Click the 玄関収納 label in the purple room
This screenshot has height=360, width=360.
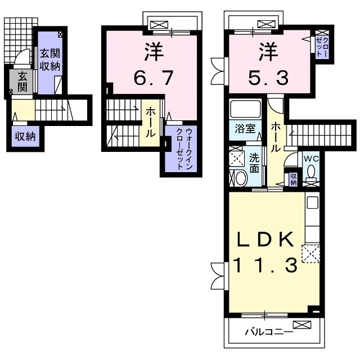click(x=50, y=60)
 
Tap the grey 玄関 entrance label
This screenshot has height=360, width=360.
click(x=22, y=82)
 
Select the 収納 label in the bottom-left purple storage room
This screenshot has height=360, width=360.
click(x=25, y=137)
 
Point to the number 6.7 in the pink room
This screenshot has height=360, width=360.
click(x=154, y=78)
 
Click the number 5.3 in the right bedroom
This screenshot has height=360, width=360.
click(x=268, y=78)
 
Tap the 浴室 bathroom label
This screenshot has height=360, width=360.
click(x=245, y=129)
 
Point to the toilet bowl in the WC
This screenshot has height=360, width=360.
click(x=311, y=172)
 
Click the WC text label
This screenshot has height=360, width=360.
click(x=311, y=159)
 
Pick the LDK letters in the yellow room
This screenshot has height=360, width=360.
click(x=265, y=239)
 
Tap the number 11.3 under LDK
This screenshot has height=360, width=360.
click(x=265, y=265)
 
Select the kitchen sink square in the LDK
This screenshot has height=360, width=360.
click(x=313, y=202)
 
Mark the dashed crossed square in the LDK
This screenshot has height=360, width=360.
click(x=310, y=254)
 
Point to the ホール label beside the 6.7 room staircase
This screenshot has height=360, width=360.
click(x=150, y=123)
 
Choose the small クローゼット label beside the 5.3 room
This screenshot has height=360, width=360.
click(x=322, y=47)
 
